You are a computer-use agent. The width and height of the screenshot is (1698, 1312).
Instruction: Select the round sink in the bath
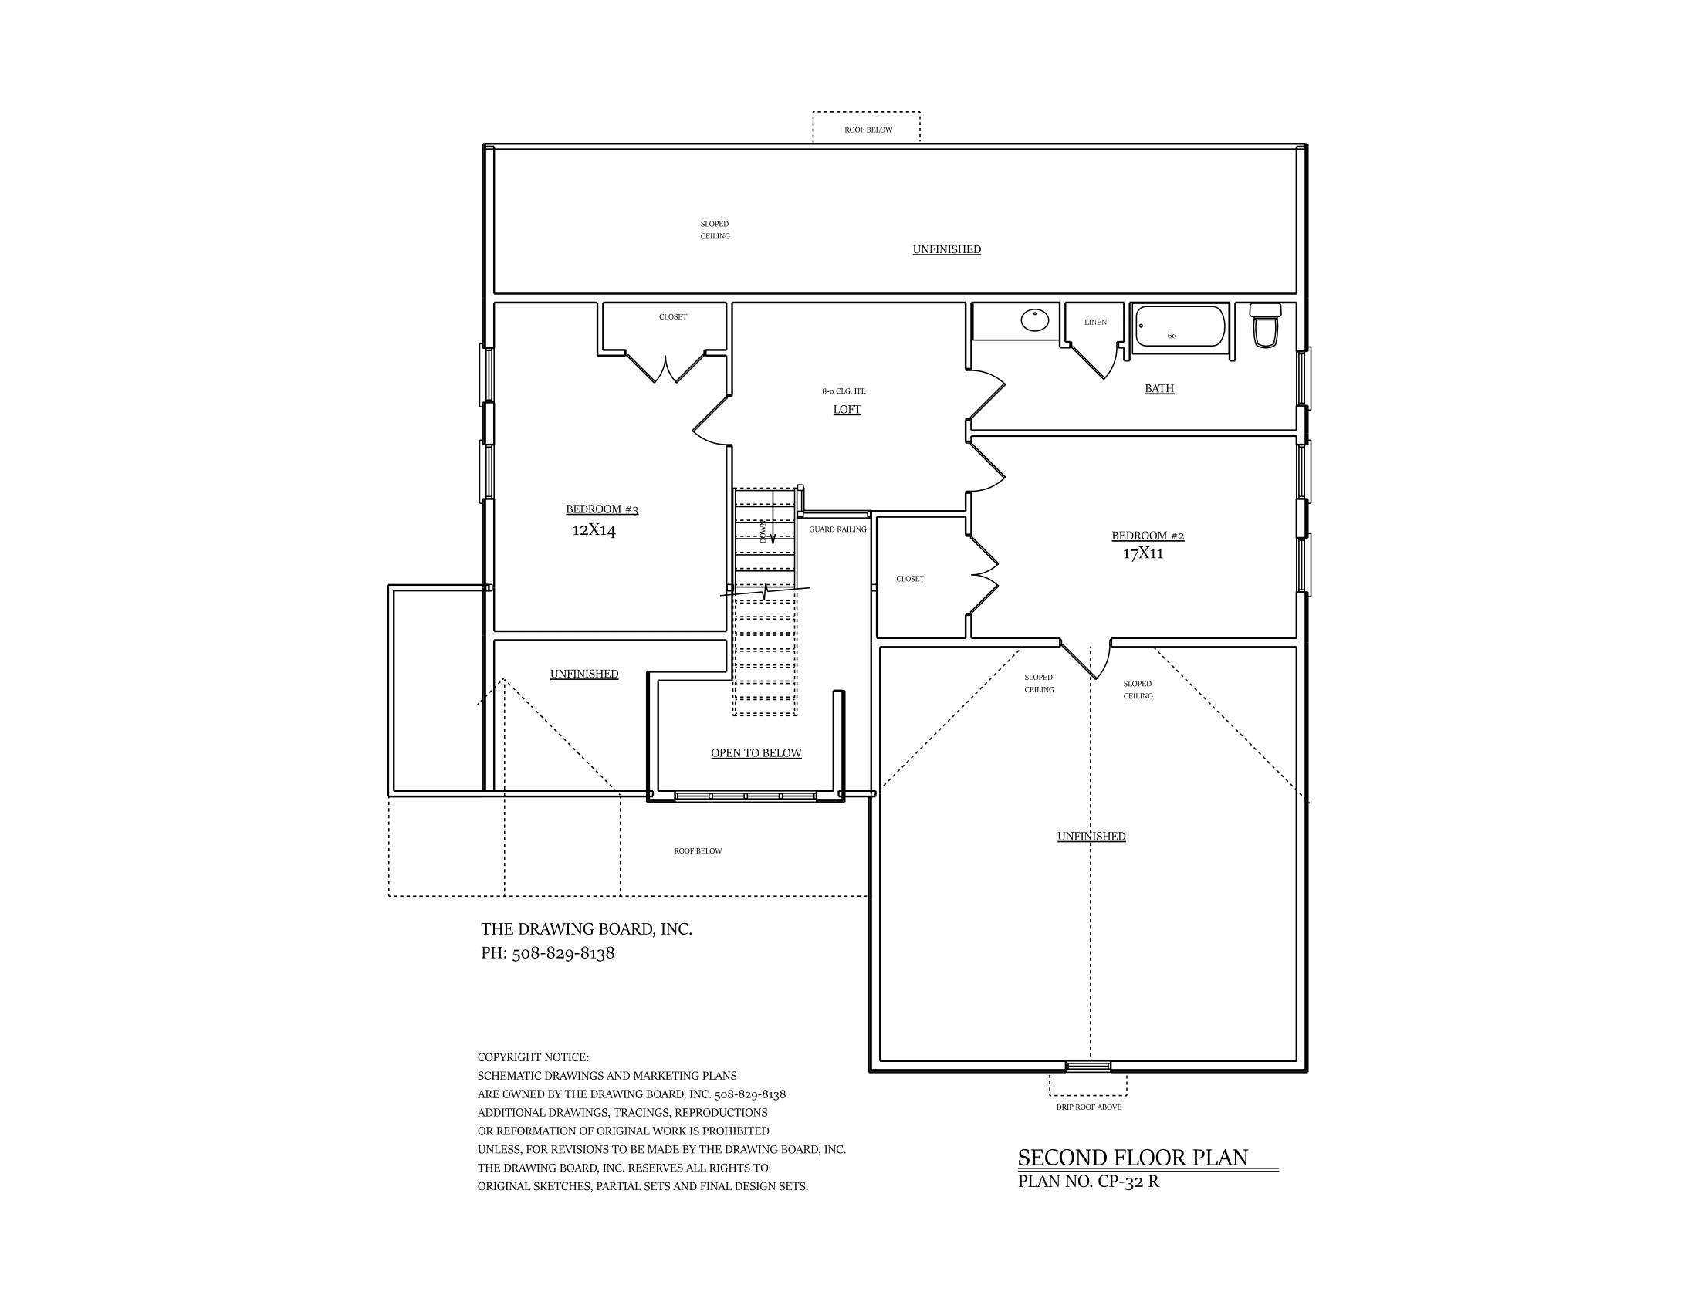(x=1035, y=320)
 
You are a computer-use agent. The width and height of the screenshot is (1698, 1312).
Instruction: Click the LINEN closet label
(x=1094, y=322)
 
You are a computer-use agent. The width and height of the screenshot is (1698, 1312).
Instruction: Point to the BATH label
(x=1158, y=389)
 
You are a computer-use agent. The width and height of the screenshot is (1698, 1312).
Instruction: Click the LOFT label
(x=847, y=410)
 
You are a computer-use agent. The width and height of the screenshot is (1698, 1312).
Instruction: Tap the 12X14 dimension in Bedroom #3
(x=594, y=531)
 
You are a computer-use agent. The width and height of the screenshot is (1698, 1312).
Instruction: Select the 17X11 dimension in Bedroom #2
(x=1142, y=554)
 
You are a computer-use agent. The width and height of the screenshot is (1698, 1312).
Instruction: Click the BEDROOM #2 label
(x=1148, y=536)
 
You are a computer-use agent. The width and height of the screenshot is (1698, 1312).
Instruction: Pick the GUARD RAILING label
(x=837, y=529)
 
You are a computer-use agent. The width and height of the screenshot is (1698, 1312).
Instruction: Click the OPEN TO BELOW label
(x=756, y=753)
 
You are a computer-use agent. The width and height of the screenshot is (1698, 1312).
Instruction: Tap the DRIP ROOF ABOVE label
(x=1088, y=1107)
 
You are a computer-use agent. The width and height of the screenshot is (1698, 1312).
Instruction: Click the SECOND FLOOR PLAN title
(x=1133, y=1158)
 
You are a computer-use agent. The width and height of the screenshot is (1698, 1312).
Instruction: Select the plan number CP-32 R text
(x=1088, y=1182)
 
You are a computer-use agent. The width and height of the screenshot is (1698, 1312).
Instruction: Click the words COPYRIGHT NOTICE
(x=533, y=1057)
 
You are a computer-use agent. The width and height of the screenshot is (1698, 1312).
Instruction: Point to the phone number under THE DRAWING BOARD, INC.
(x=547, y=953)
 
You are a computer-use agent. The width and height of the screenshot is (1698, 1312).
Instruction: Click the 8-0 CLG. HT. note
(x=844, y=391)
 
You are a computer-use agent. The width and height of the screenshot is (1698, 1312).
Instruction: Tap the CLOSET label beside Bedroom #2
(x=910, y=579)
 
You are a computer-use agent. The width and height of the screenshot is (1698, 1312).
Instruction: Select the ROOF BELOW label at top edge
(x=868, y=130)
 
